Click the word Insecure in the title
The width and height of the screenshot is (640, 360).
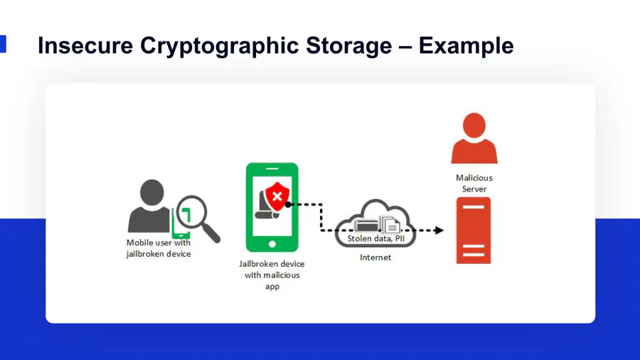click(x=85, y=46)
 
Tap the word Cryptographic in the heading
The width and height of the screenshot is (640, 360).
click(x=220, y=46)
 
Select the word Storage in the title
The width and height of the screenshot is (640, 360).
click(x=349, y=46)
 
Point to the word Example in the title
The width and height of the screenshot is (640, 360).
click(x=466, y=46)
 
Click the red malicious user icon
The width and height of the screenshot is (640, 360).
click(x=474, y=138)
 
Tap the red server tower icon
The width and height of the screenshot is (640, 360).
click(x=474, y=231)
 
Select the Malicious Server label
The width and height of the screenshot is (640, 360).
click(x=474, y=184)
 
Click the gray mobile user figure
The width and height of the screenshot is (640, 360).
click(x=150, y=206)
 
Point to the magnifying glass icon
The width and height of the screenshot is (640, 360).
click(x=198, y=218)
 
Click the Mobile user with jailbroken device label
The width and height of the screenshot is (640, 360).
click(x=159, y=248)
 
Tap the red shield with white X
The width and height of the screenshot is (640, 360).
click(x=277, y=196)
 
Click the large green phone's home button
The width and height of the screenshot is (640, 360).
click(x=272, y=245)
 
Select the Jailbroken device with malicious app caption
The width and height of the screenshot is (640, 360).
click(x=272, y=275)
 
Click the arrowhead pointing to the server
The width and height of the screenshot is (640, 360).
click(x=439, y=231)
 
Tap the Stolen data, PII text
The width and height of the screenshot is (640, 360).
click(x=376, y=238)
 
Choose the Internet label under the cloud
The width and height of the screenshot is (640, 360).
click(x=375, y=258)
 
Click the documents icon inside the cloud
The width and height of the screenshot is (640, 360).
click(x=390, y=224)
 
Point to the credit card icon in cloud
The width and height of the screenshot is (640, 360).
click(x=366, y=225)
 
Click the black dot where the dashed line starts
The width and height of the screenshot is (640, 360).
click(x=288, y=204)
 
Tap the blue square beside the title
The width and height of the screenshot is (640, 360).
click(x=3, y=43)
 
